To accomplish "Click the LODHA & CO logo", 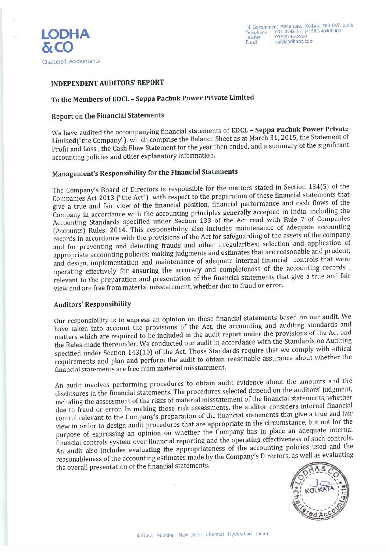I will (65, 40).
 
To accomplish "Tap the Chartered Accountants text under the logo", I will (71, 61).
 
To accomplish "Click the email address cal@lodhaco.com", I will (294, 42).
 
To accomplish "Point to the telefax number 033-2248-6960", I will (291, 37).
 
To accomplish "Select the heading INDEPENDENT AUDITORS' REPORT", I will (107, 83).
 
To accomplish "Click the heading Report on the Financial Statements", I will (108, 116).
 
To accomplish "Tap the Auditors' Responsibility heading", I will (92, 304).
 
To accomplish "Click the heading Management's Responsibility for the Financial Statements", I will (145, 173).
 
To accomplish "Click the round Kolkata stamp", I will (320, 492).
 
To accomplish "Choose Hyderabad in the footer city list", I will (240, 534).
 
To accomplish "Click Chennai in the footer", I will (215, 534).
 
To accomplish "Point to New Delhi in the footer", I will (190, 534).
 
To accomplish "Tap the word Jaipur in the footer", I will (262, 533).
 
